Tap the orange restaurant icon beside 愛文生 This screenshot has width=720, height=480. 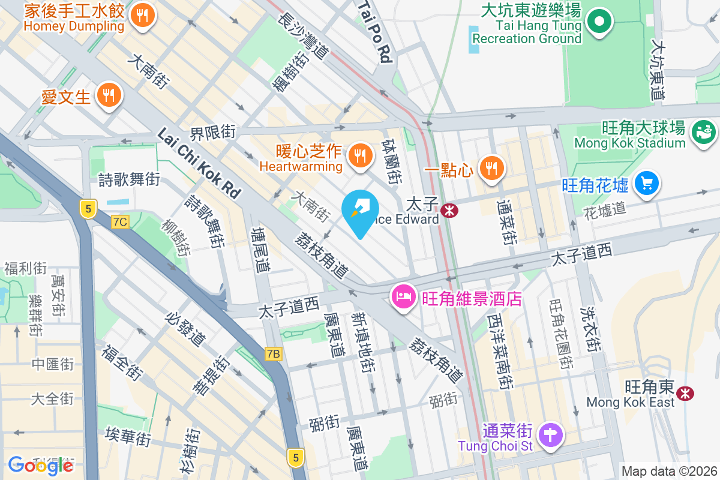[x=108, y=95]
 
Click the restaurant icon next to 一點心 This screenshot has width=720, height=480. [x=491, y=167]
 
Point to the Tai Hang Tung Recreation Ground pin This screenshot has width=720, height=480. [x=599, y=22]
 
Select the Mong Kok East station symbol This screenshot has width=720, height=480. [x=684, y=393]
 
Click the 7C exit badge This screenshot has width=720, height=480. [x=120, y=222]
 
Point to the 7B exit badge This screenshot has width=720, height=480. [x=273, y=354]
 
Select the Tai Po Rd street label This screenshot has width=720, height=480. [x=376, y=31]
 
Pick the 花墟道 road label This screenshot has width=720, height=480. [x=604, y=209]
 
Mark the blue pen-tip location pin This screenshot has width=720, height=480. [x=360, y=212]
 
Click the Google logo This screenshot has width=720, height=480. [x=40, y=465]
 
